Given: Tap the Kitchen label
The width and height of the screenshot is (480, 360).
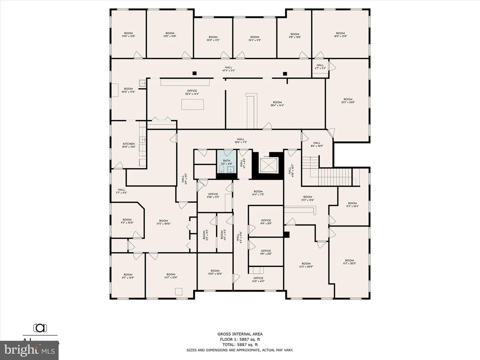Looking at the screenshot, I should point(129,145).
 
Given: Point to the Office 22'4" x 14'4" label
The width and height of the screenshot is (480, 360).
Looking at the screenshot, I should point(192,92).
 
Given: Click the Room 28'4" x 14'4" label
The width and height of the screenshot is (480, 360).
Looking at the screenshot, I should point(277,104).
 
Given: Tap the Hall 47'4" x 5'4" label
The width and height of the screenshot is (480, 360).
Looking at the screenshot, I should point(229,69).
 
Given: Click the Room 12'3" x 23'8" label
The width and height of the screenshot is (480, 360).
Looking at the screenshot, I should point(347,101).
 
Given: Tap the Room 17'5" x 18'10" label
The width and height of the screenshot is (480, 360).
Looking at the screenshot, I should point(163,222).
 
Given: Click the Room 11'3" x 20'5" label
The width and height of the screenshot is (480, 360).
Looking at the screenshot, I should point(349,262).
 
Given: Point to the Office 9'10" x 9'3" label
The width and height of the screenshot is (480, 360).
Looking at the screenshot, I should point(213,195).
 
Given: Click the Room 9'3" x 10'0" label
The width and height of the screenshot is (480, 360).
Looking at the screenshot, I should point(127,221).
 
